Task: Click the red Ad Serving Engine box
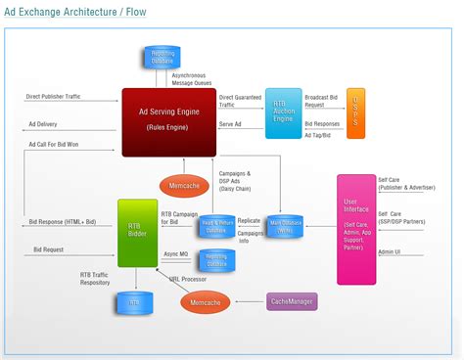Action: (x=167, y=120)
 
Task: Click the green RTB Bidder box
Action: (x=137, y=233)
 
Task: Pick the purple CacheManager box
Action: (x=292, y=302)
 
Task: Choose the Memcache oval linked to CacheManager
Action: (x=205, y=303)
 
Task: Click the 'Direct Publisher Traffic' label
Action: (x=60, y=98)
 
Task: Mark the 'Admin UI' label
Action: (x=390, y=252)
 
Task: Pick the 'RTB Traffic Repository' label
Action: (x=94, y=281)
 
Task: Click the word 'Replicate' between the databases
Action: (x=249, y=221)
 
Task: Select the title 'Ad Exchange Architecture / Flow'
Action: (x=76, y=13)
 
